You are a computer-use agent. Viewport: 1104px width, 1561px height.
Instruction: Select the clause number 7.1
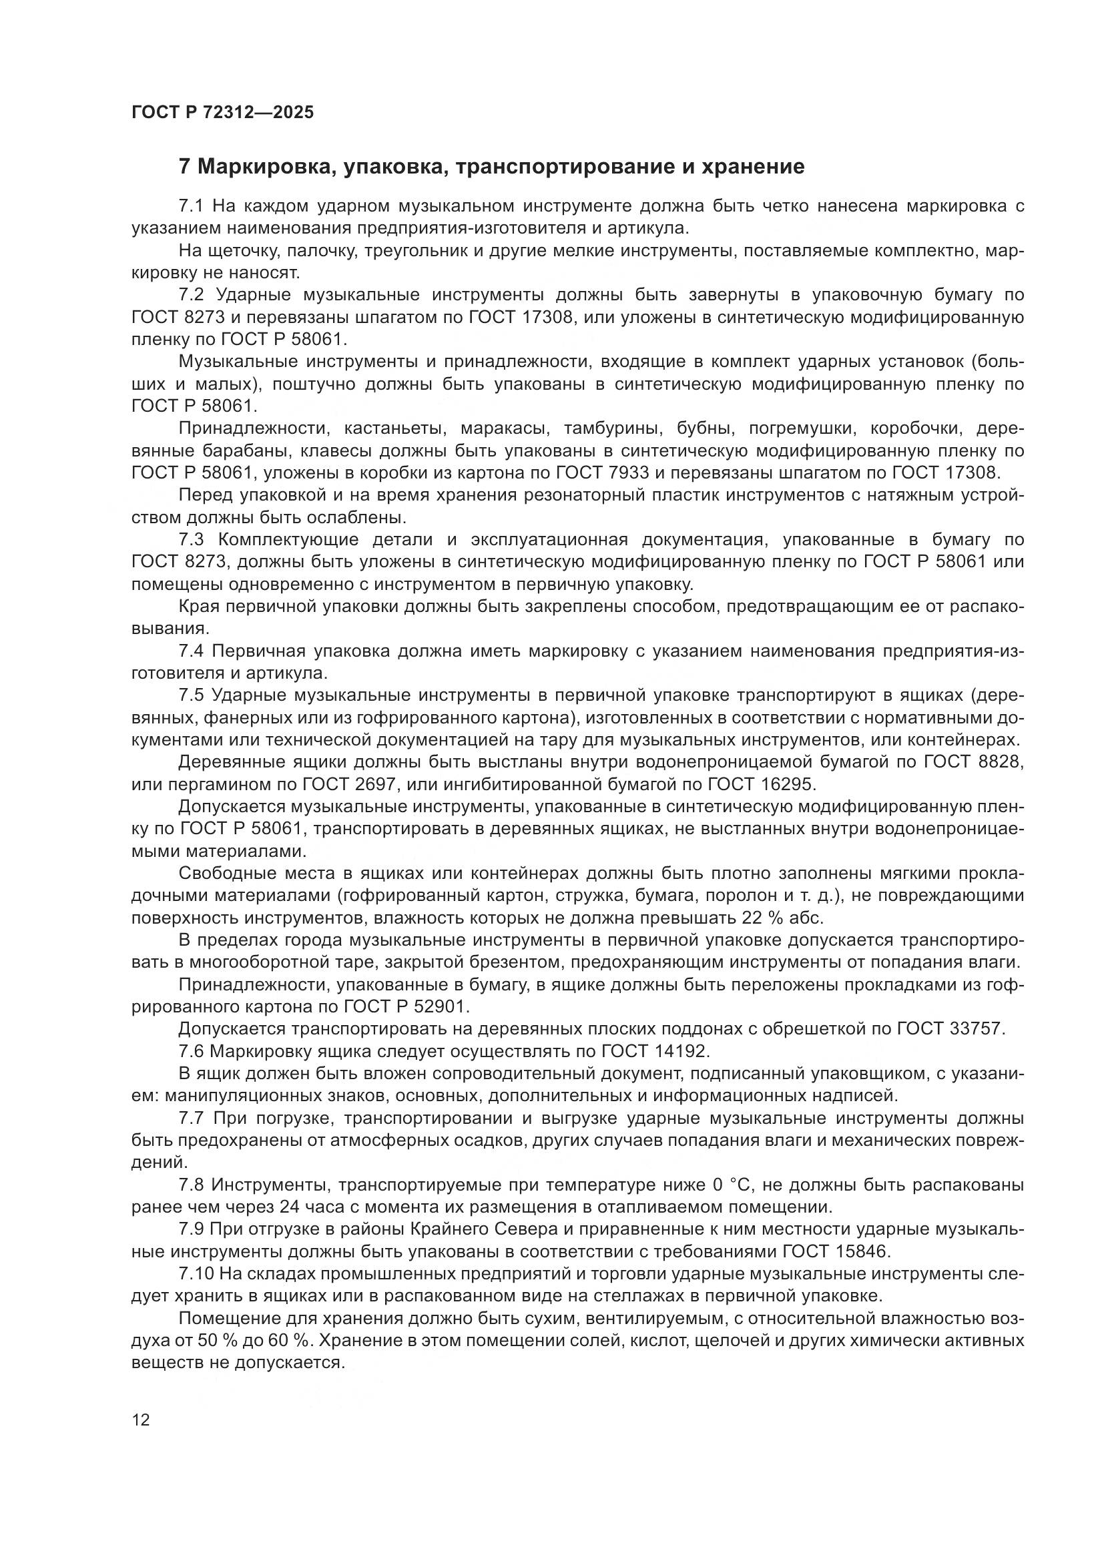click(192, 206)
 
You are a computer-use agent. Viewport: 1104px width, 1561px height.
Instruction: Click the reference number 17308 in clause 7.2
click(548, 318)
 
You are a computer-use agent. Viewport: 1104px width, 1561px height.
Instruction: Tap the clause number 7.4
click(192, 651)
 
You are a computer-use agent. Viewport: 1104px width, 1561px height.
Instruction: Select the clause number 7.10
click(196, 1274)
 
